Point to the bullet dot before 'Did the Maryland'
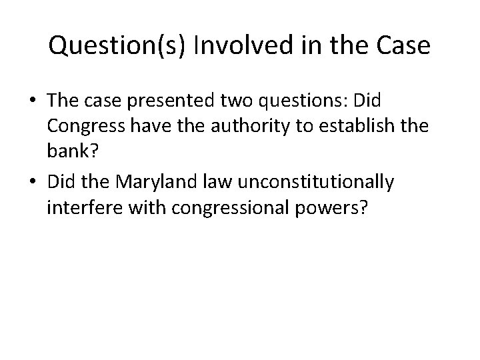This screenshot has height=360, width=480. click(x=33, y=183)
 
